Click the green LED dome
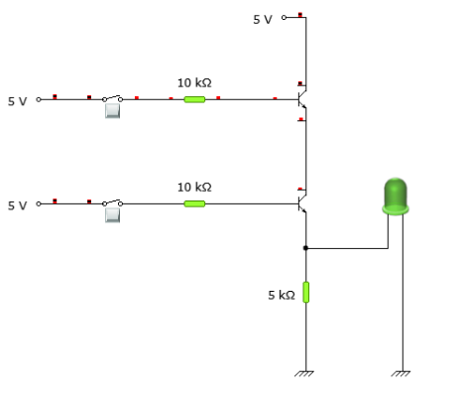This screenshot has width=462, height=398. click(x=396, y=197)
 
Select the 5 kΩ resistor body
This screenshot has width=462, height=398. click(x=306, y=292)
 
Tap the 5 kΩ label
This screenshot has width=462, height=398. click(x=282, y=295)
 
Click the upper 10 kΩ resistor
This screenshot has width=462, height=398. click(x=194, y=99)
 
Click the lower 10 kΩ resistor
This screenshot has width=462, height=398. click(x=194, y=203)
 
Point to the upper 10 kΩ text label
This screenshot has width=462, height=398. click(x=194, y=82)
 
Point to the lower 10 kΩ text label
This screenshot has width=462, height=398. click(x=194, y=188)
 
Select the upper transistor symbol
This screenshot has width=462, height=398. click(x=302, y=99)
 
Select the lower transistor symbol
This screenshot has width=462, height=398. click(x=302, y=203)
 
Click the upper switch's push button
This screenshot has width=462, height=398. click(x=112, y=111)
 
